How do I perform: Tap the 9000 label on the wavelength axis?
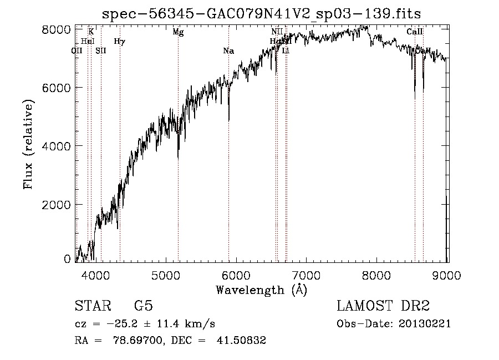(447, 274)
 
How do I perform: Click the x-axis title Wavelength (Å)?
(261, 290)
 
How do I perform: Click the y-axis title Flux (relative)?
(28, 144)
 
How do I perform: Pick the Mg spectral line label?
(178, 32)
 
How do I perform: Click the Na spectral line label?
(228, 51)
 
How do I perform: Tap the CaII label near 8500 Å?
(415, 32)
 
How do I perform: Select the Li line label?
(286, 50)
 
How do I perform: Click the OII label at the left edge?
(77, 50)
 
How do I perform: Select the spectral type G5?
(144, 306)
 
